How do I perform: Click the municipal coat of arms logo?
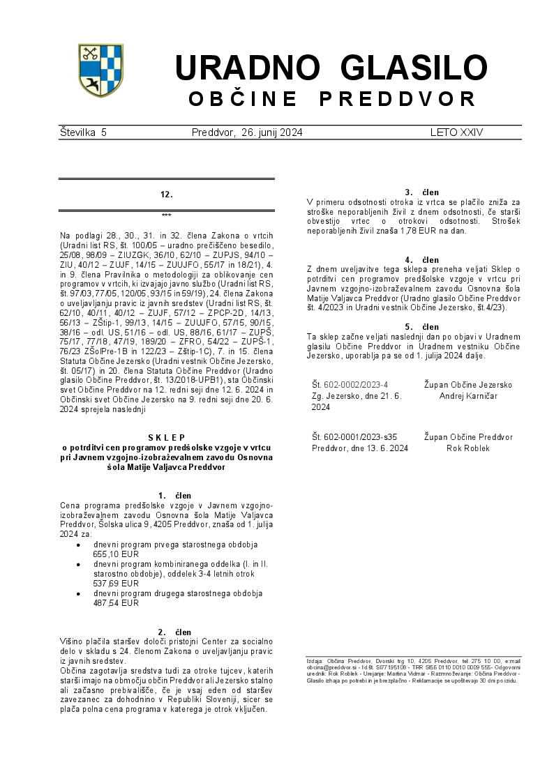[x=100, y=70]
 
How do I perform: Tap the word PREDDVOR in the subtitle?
[x=398, y=99]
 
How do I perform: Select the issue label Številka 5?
[x=83, y=132]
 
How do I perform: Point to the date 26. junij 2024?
[x=272, y=132]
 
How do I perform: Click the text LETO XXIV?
[x=456, y=132]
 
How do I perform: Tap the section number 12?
[x=166, y=195]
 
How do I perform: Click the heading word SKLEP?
[x=166, y=438]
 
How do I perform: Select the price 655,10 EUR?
[x=116, y=554]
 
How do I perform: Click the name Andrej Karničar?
[x=467, y=395]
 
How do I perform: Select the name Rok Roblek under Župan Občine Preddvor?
[x=467, y=448]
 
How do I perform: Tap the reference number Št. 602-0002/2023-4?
[x=350, y=385]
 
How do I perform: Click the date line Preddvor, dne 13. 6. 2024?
[x=360, y=448]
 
